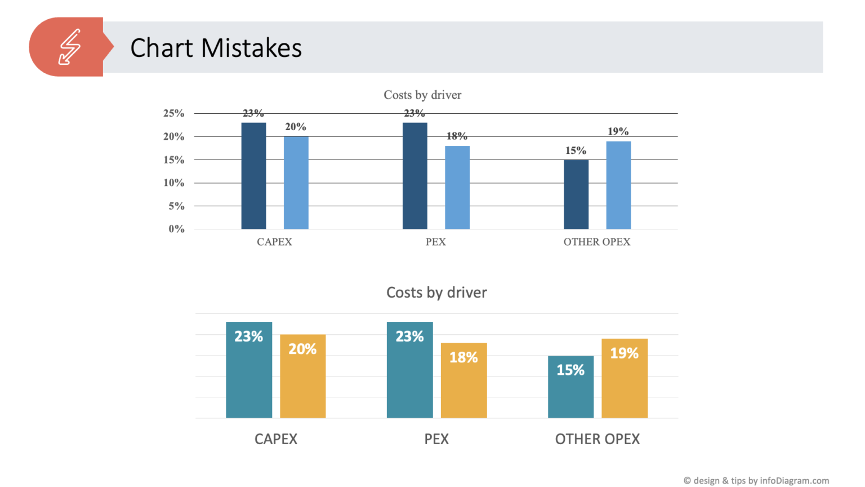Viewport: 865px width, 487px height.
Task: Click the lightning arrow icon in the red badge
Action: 69,47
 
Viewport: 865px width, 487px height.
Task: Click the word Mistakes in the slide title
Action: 251,48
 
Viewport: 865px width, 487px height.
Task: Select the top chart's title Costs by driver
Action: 422,95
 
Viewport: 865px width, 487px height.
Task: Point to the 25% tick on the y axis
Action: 173,113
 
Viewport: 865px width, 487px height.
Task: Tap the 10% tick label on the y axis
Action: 173,183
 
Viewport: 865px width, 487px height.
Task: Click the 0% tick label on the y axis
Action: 176,229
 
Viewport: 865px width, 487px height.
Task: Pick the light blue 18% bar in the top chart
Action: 457,188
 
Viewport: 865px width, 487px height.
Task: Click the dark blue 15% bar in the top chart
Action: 576,194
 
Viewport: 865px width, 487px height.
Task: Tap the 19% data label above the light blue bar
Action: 618,131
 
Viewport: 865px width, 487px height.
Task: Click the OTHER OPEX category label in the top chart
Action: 597,242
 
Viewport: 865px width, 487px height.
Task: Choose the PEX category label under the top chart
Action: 435,242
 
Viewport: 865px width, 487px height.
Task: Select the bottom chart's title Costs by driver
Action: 436,293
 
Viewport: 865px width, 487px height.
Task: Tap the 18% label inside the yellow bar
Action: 463,357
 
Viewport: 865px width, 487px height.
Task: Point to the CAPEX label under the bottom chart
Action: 276,439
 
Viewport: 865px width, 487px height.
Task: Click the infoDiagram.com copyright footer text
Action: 756,480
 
